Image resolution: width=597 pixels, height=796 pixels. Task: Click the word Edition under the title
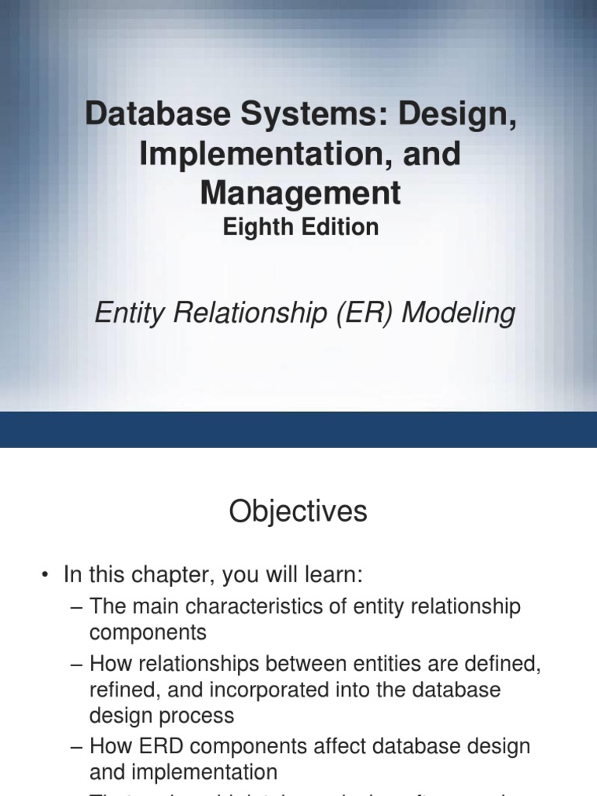click(x=343, y=227)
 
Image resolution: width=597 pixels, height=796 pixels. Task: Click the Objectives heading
click(x=298, y=511)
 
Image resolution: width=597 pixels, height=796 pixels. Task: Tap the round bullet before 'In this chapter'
click(x=46, y=576)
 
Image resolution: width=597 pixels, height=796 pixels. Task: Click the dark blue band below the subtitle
click(x=298, y=429)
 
